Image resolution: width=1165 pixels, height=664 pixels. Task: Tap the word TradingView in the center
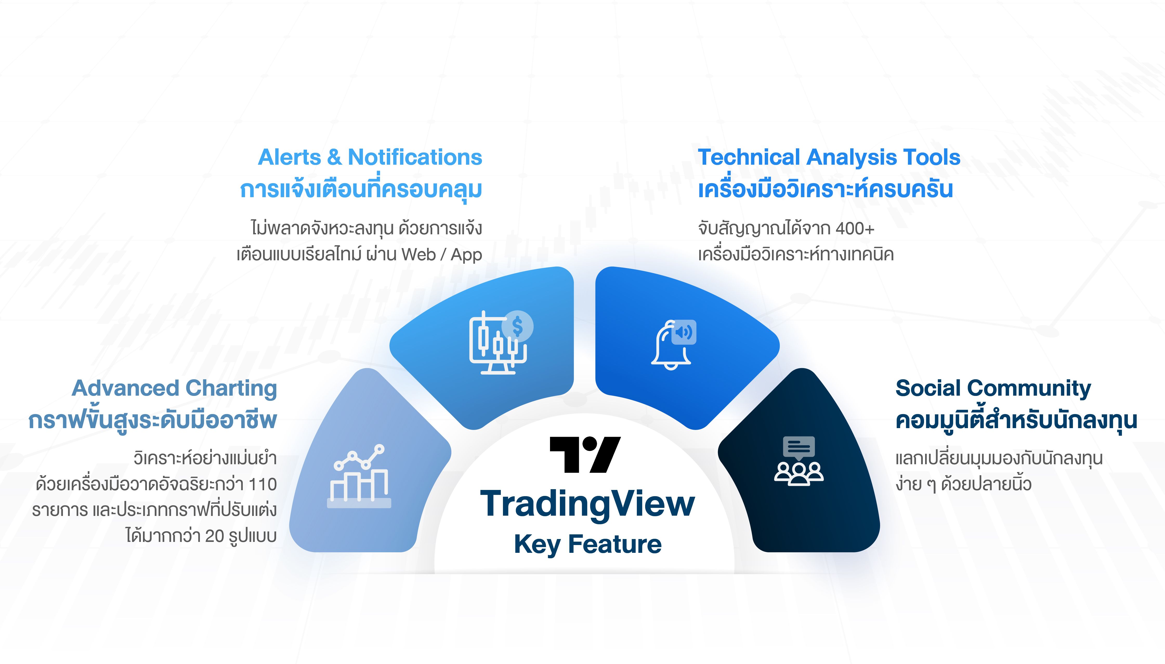tap(587, 504)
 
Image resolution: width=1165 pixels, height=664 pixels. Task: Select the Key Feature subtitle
tap(587, 544)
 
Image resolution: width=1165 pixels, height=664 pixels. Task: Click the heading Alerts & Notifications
tap(370, 157)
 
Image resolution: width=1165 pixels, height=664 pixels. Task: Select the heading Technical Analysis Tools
tap(829, 157)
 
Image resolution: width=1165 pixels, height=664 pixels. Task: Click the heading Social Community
tap(993, 389)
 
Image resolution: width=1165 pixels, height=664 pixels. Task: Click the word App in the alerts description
tap(466, 255)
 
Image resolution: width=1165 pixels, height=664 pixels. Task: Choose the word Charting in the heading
tap(231, 389)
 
